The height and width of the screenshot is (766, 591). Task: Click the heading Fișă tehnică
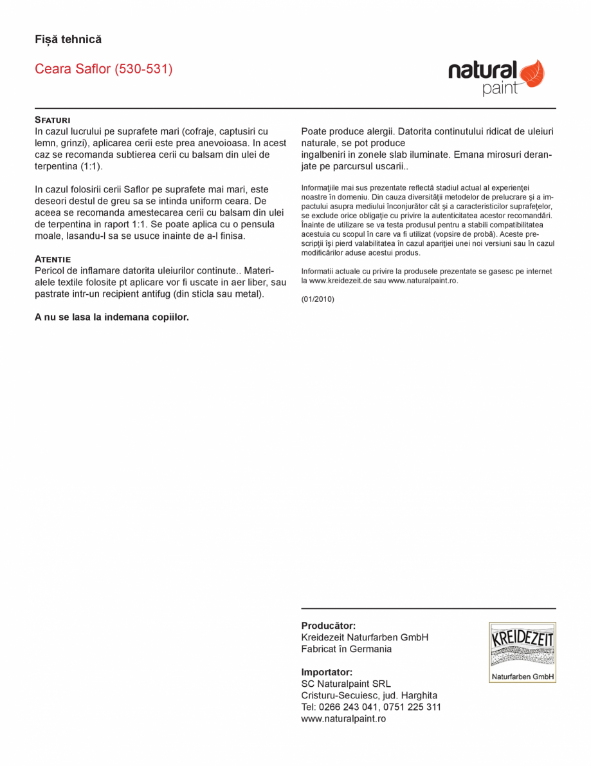68,40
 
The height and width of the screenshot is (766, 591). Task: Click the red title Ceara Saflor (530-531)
104,69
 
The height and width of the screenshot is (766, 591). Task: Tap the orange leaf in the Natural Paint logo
531,73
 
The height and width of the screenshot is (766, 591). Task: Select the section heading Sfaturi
53,120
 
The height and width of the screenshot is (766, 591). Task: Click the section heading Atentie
53,259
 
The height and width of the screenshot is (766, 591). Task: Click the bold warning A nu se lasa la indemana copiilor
112,317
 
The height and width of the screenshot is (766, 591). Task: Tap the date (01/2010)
318,299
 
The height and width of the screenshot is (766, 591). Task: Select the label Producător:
329,626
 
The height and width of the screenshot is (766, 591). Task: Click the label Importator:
327,672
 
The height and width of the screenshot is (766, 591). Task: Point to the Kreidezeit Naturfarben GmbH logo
522,652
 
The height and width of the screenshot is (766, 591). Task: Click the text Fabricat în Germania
346,649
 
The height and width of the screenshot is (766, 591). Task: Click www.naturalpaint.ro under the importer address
343,718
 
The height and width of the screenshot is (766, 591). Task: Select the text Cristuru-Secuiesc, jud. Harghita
369,695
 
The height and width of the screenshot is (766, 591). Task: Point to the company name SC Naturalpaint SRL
346,684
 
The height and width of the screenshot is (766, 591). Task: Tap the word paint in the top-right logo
500,89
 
